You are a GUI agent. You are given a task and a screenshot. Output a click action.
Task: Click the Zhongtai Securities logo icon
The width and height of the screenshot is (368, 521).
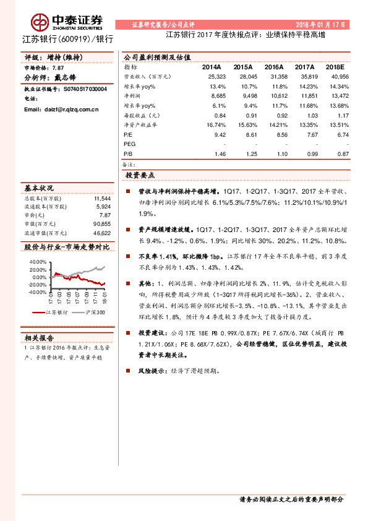(x=41, y=23)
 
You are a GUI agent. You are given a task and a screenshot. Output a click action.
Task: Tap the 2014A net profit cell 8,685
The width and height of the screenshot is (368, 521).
(x=218, y=96)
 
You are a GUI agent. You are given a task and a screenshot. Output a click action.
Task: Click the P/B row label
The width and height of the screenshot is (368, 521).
(x=128, y=153)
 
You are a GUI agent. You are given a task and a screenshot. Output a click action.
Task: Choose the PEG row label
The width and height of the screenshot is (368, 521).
(x=129, y=143)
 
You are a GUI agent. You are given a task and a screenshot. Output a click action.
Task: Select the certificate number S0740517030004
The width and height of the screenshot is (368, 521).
(x=85, y=89)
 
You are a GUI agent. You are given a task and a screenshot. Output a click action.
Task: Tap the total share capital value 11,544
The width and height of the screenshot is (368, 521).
(x=102, y=199)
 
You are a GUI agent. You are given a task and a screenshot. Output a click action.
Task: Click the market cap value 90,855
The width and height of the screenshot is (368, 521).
(x=102, y=223)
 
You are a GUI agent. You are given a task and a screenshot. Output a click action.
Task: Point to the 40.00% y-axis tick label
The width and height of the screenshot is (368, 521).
(x=38, y=262)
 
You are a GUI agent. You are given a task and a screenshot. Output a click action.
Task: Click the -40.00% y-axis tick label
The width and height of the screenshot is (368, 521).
(x=38, y=291)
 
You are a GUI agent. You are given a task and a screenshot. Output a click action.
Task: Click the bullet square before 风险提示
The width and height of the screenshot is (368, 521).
(x=127, y=371)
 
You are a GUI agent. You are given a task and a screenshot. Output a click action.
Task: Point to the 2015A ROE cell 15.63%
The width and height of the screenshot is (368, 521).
(x=242, y=124)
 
